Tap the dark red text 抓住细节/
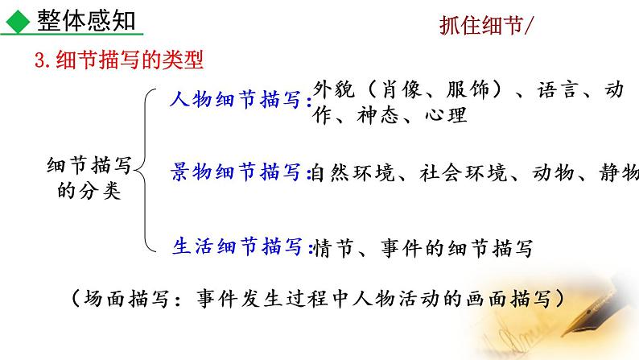(x=485, y=26)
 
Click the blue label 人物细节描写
(x=238, y=101)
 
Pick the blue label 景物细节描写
(x=238, y=172)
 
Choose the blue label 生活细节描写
(x=238, y=246)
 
